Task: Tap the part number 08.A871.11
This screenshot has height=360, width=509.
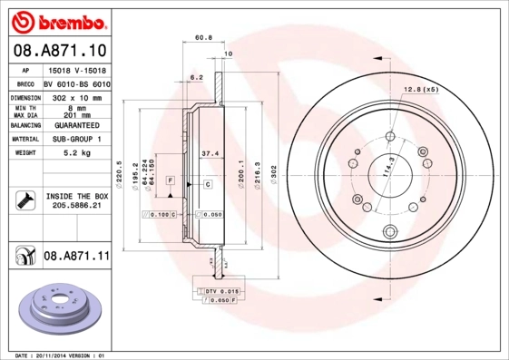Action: (77, 257)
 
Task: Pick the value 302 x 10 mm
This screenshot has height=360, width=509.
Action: (75, 97)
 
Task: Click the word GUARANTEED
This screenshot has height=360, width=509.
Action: (75, 125)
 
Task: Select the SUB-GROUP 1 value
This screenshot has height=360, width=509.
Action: (75, 140)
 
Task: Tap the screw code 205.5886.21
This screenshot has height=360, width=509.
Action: (75, 206)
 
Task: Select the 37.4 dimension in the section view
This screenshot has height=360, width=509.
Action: (208, 153)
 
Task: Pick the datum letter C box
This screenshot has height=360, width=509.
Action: (207, 184)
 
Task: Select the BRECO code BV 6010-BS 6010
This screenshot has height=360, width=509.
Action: (75, 83)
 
